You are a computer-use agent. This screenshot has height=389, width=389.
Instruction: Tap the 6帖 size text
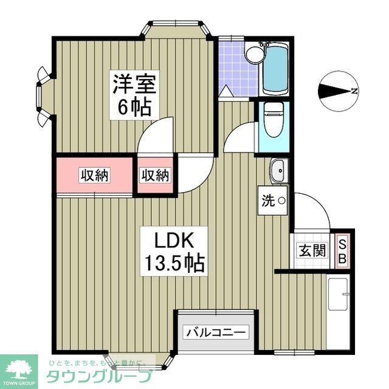click(x=134, y=108)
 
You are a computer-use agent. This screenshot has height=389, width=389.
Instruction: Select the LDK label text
click(x=173, y=240)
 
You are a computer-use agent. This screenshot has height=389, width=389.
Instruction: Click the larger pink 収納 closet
click(x=94, y=176)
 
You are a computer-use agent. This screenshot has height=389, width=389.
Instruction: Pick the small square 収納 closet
click(x=156, y=176)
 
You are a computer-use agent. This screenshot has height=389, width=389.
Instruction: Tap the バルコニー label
click(x=216, y=332)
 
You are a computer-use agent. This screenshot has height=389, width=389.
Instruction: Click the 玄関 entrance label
click(x=311, y=250)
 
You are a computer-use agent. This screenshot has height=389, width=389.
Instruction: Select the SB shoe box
click(x=342, y=250)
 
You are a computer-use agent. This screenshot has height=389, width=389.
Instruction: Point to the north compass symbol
click(x=336, y=92)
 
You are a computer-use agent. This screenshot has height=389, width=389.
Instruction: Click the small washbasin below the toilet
click(x=278, y=171)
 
